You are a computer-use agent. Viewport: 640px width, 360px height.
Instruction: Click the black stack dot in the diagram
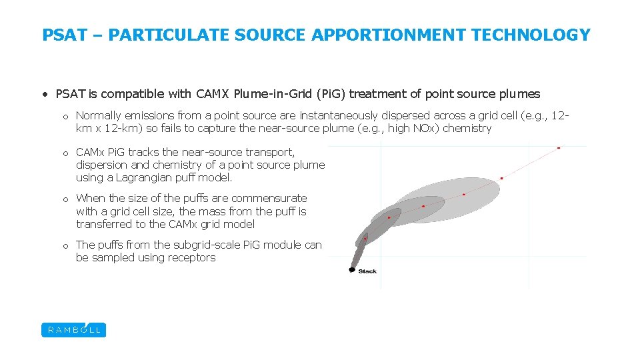pos(352,269)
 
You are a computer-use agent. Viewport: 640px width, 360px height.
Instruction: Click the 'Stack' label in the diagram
pos(367,271)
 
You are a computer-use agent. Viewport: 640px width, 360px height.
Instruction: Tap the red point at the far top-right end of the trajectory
pos(559,147)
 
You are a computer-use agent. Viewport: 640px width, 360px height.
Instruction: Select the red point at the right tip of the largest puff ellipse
pos(501,178)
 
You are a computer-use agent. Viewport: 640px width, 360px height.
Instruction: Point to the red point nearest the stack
pos(365,239)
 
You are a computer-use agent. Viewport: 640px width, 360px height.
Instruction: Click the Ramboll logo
pos(73,330)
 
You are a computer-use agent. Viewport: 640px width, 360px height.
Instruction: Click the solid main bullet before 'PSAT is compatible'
pos(45,94)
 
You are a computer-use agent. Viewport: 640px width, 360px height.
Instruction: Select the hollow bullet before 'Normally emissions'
pos(66,116)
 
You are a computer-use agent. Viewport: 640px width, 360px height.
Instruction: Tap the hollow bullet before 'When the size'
pos(66,199)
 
